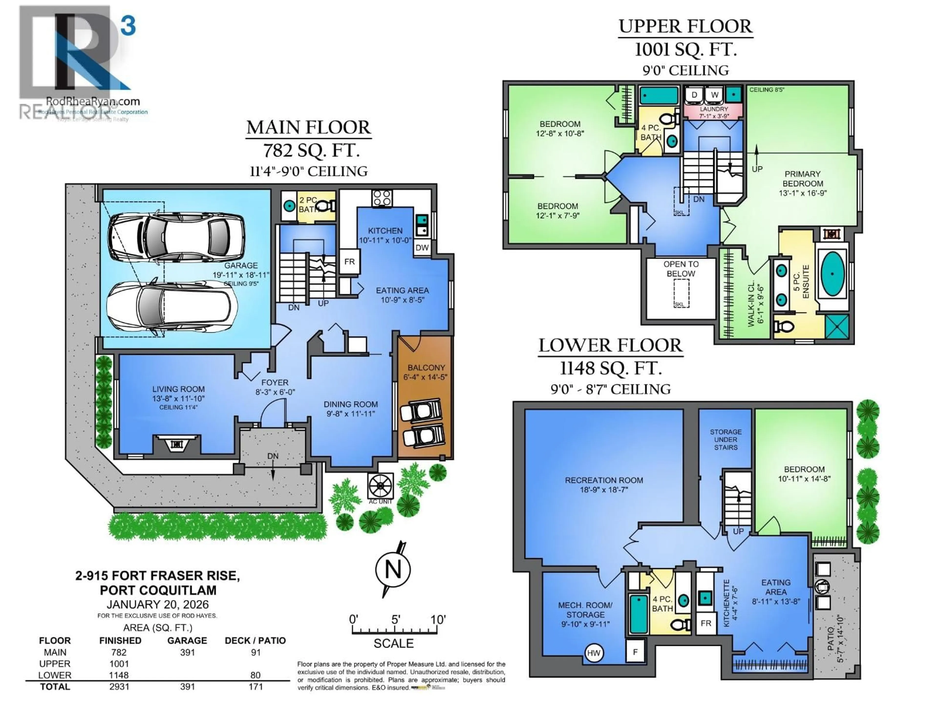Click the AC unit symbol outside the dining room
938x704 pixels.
click(380, 485)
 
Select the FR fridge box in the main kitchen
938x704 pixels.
click(349, 262)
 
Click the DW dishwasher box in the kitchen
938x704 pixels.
click(422, 247)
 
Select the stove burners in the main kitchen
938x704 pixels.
click(382, 198)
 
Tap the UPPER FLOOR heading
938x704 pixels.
click(685, 26)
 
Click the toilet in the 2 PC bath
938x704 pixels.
click(326, 206)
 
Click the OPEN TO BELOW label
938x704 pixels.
click(681, 269)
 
